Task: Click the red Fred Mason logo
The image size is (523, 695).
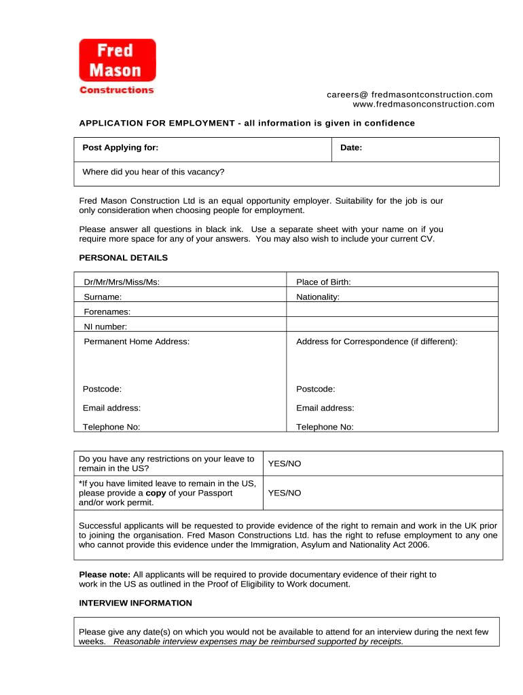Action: coord(117,61)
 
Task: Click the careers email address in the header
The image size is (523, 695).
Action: coord(410,94)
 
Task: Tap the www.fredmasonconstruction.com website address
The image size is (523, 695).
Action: coord(423,104)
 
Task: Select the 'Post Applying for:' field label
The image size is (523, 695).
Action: coord(120,148)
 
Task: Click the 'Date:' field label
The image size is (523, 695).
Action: coord(351,148)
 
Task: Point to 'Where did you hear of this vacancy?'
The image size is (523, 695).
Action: coord(153,172)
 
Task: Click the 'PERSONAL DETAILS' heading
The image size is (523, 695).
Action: coord(123,258)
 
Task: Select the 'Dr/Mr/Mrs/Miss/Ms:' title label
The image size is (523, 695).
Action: coord(122,282)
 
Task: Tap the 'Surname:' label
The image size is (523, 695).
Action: coord(103,297)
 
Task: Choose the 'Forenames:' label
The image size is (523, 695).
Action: coord(107,312)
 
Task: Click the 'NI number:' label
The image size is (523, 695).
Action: coord(105,326)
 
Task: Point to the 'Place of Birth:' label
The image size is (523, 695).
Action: coord(323,282)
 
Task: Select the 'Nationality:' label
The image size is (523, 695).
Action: coord(318,297)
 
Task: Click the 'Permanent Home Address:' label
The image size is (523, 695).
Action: coord(137,341)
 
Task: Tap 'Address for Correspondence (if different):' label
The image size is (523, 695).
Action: coord(377,341)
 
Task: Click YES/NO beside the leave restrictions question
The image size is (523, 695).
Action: coord(284,464)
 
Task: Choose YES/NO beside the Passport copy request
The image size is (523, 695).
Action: coord(284,493)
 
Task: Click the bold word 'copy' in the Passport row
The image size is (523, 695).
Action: coord(156,493)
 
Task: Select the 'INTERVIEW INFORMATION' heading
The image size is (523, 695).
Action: coord(136,603)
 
